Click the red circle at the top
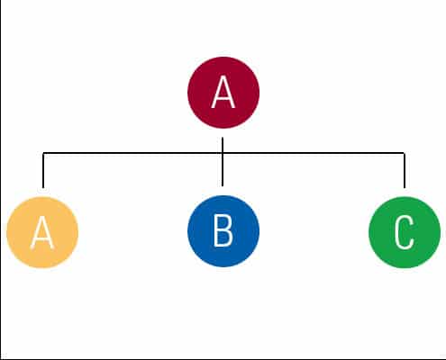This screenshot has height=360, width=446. click(x=223, y=93)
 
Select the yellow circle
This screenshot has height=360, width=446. click(x=42, y=232)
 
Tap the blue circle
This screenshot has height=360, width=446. click(x=223, y=231)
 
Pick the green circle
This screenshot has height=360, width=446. click(x=405, y=232)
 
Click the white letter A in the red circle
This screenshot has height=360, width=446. click(x=223, y=92)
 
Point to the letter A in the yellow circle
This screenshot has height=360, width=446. click(x=42, y=232)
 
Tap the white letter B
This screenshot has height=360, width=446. click(x=223, y=231)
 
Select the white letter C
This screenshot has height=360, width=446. click(x=405, y=232)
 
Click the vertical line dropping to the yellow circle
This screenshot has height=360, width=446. click(x=43, y=170)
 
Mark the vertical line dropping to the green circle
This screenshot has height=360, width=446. click(x=405, y=170)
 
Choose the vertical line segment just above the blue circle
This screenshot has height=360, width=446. click(x=223, y=170)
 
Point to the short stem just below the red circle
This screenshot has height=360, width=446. click(x=223, y=145)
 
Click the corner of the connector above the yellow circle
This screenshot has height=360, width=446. click(x=43, y=153)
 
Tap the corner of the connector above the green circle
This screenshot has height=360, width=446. click(x=405, y=153)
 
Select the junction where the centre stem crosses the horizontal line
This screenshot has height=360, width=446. click(x=223, y=153)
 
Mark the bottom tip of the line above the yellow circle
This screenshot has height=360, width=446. click(x=43, y=188)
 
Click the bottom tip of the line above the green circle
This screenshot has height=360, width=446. click(x=405, y=188)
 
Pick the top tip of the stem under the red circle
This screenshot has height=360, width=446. click(x=223, y=138)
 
